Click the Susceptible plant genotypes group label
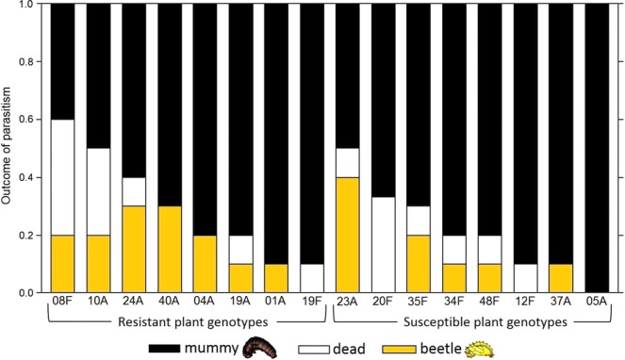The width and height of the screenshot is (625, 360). pos(473,322)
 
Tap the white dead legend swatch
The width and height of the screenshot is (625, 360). pos(334,347)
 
